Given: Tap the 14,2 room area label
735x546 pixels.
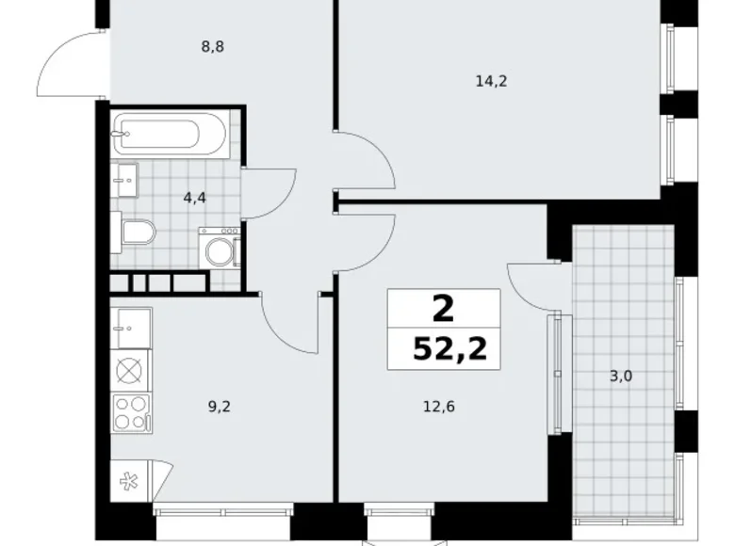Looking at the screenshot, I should coord(491,81).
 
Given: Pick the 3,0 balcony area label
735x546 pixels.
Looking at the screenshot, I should coord(622,377).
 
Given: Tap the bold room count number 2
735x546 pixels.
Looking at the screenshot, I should coord(442,308).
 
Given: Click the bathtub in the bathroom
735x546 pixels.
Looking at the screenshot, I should coord(170,136).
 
